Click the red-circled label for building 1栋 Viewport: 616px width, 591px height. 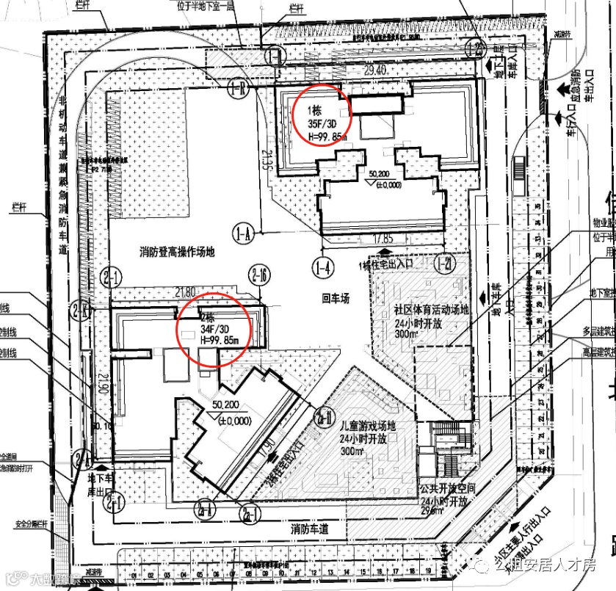pyautogui.click(x=321, y=116)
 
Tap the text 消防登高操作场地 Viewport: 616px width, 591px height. pyautogui.click(x=177, y=252)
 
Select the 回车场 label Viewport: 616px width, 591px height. pyautogui.click(x=334, y=299)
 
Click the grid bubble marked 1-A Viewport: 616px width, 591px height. pyautogui.click(x=242, y=234)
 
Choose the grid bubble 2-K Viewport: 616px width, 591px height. pyautogui.click(x=81, y=310)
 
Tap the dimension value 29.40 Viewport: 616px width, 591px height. pyautogui.click(x=375, y=70)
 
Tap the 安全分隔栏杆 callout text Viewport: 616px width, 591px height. pyautogui.click(x=31, y=524)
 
